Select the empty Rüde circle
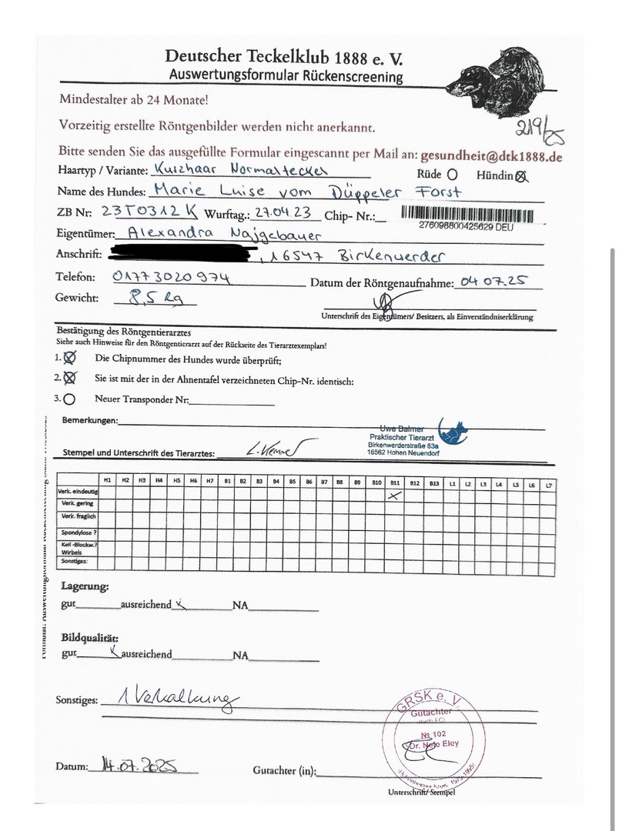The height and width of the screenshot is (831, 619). coord(452,175)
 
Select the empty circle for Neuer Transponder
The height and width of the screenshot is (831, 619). coord(70,399)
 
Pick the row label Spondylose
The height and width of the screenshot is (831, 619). coord(78,532)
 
